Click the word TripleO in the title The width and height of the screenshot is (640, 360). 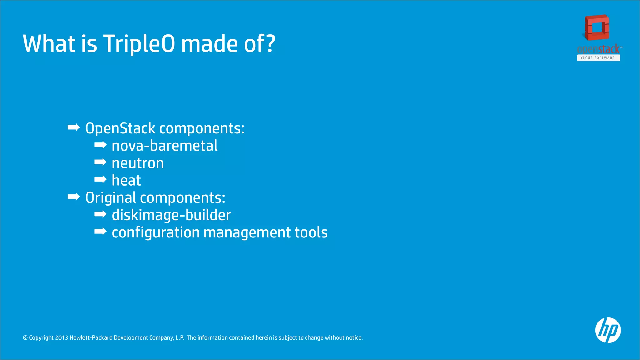139,44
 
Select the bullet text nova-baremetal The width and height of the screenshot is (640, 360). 165,146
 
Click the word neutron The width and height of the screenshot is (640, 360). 138,163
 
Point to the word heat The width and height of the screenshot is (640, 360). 126,181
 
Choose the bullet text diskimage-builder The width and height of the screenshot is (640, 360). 171,215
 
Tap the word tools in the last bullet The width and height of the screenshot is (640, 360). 311,233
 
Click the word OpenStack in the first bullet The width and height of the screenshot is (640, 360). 120,128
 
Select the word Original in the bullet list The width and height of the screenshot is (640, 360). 111,198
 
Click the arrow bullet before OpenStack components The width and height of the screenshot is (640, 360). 74,127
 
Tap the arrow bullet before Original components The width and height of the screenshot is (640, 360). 74,197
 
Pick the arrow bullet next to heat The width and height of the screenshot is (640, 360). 100,179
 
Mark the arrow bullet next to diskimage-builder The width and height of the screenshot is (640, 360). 100,214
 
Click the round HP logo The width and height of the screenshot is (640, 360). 608,330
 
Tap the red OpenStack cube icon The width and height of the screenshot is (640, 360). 597,28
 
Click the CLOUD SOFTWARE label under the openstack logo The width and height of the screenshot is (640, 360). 598,58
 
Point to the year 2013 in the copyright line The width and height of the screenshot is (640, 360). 62,338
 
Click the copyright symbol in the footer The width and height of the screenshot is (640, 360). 26,338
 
